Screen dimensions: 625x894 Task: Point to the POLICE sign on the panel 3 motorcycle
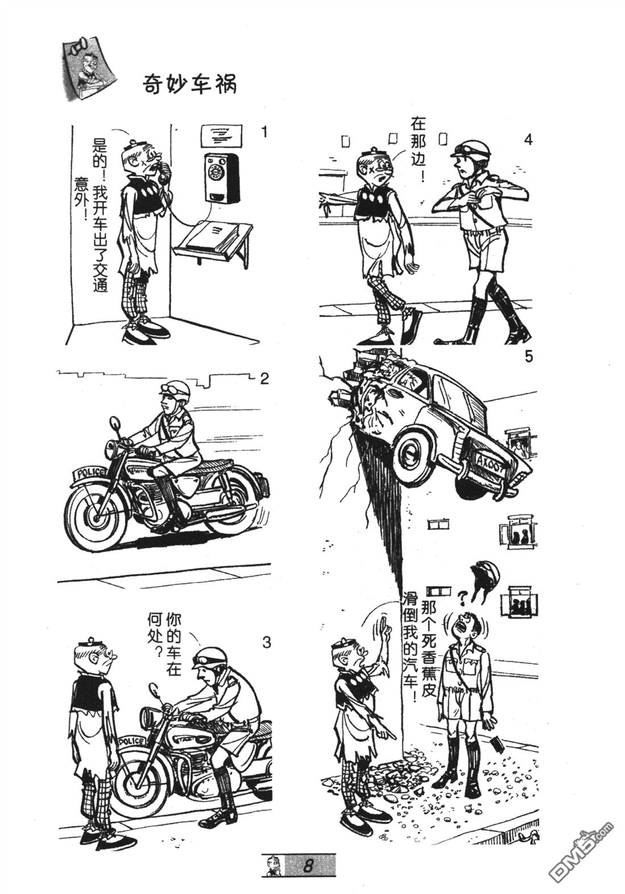[x=131, y=741]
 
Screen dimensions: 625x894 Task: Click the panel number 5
[x=528, y=357]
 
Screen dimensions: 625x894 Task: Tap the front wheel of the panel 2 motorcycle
[x=95, y=518]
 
